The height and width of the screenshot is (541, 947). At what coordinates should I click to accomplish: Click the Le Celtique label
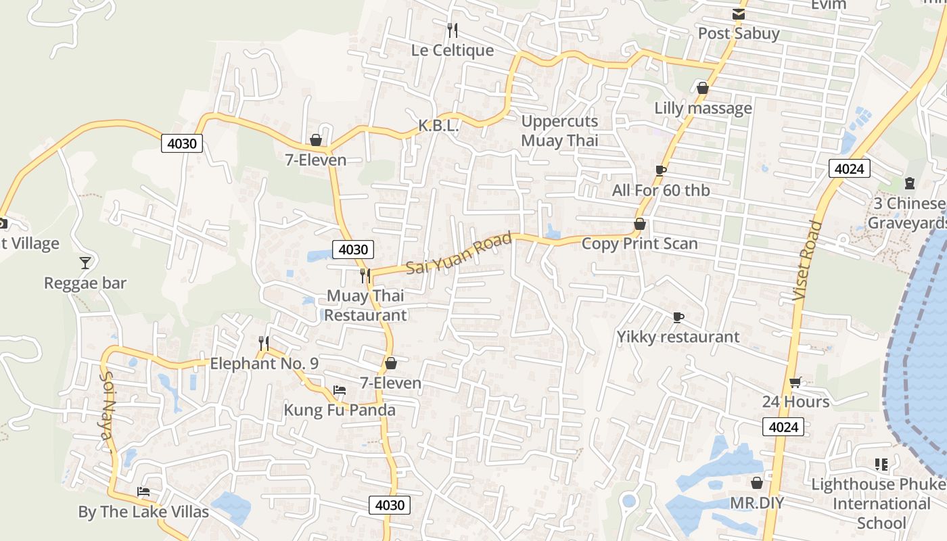point(453,51)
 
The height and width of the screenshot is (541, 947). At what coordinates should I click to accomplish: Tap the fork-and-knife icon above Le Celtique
point(453,30)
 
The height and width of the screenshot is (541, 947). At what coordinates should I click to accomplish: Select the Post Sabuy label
point(739,33)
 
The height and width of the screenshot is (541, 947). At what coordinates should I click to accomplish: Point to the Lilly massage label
point(703,108)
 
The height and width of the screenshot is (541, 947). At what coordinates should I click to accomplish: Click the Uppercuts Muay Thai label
point(559,131)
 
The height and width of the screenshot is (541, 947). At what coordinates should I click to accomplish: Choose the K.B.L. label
point(438,126)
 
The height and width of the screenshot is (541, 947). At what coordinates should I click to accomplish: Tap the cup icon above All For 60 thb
point(661,170)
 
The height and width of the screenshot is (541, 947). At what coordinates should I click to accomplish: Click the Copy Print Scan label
point(639,243)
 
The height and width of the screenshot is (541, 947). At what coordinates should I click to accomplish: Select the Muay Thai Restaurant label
point(366,305)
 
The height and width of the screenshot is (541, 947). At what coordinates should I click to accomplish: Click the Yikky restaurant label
point(678,337)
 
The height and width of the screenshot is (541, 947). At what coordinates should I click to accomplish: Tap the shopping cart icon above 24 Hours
point(795,383)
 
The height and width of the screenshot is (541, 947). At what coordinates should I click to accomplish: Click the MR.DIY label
point(757,503)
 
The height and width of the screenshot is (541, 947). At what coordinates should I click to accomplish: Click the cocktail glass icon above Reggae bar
point(85,262)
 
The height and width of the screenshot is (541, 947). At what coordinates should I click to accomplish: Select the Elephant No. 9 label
point(264,364)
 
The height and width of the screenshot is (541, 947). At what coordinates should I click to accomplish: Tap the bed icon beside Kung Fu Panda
point(340,390)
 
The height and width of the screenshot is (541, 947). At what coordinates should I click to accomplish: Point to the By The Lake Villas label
point(143,512)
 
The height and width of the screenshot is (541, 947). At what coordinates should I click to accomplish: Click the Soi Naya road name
point(108,410)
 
